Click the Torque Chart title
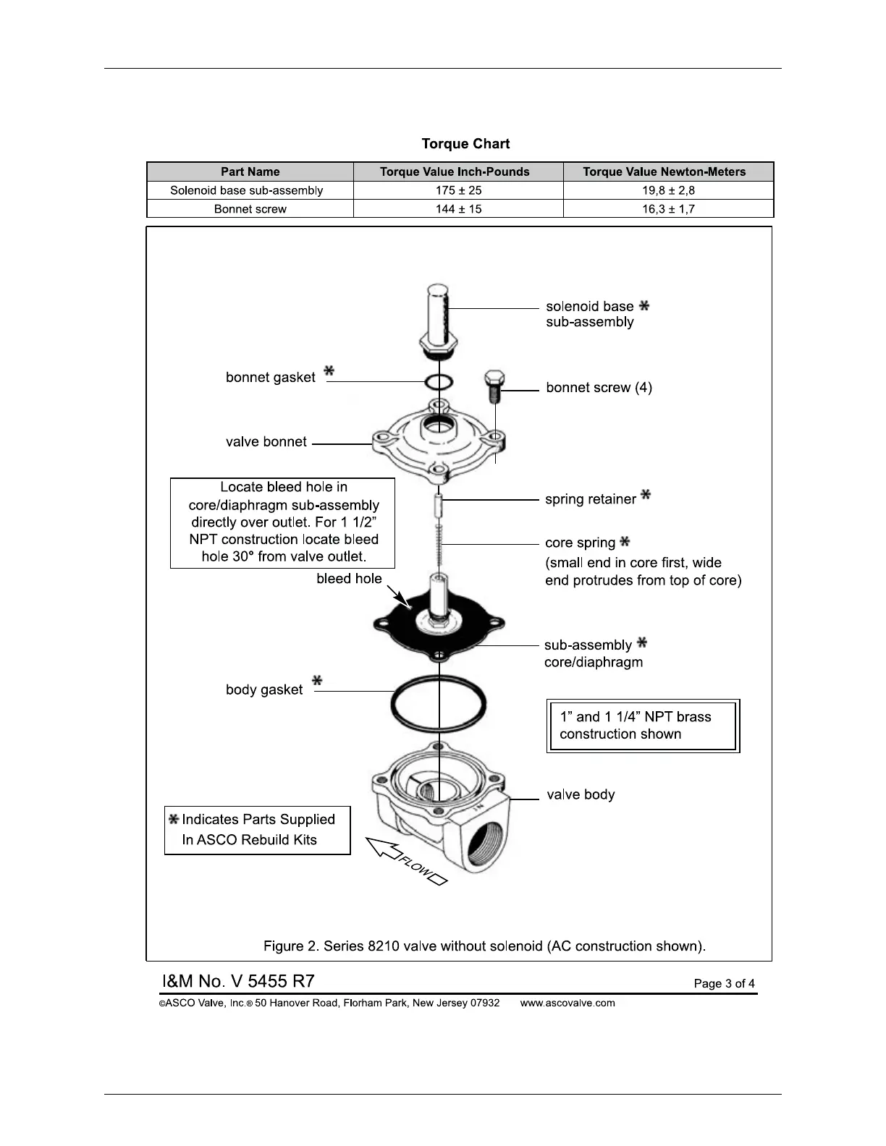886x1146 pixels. point(465,144)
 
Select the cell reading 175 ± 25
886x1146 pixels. point(458,190)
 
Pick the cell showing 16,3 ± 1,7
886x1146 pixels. point(668,209)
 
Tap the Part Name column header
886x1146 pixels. point(250,171)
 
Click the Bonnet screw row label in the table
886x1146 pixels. point(250,209)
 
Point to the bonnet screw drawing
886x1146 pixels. point(495,386)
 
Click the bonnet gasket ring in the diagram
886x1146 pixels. point(439,381)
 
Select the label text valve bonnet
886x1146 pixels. point(266,442)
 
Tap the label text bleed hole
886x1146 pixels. point(349,579)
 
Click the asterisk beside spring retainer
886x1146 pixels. point(646,496)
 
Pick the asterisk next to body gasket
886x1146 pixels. point(316,681)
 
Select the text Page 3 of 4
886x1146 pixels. point(724,983)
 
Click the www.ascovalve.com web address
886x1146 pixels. point(568,1003)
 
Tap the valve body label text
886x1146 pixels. point(581,794)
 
